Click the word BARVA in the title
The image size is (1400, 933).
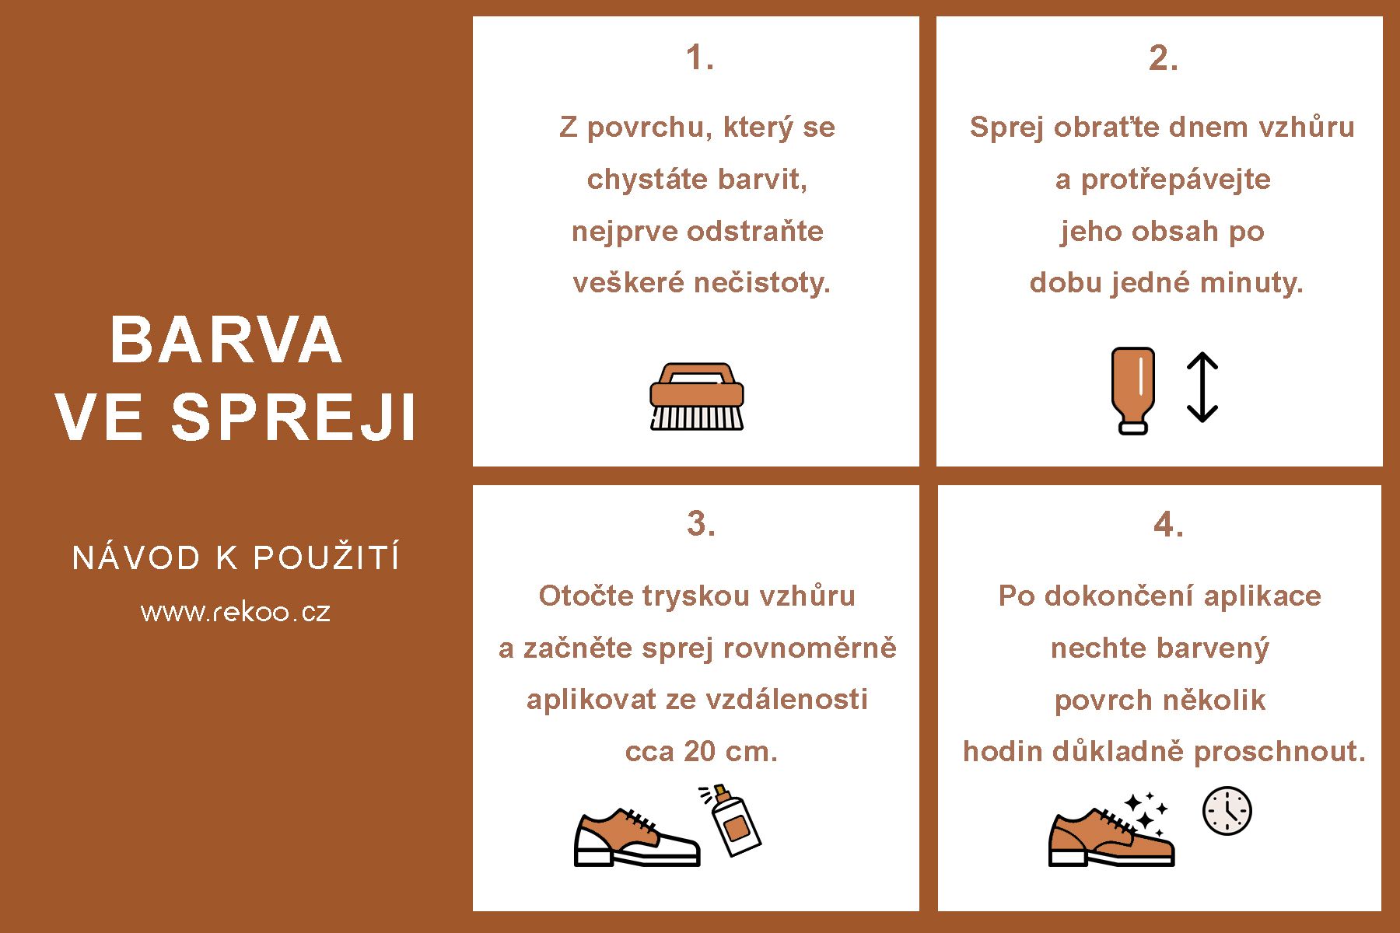coord(226,341)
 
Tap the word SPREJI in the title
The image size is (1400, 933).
coord(294,417)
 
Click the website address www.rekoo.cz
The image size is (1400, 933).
coord(236,612)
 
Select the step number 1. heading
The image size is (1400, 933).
coord(700,58)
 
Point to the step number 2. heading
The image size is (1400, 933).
coord(1164,58)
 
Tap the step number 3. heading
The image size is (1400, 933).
coord(701,523)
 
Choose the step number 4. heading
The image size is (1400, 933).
coord(1168,525)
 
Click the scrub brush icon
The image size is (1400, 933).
coord(697,396)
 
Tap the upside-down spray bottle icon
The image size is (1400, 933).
coord(1132,390)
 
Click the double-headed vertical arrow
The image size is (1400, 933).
coord(1202,387)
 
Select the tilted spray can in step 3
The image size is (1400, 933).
coord(731,819)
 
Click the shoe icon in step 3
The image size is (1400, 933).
coord(637,837)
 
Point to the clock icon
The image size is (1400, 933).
coord(1227,811)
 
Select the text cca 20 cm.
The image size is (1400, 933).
coord(702,752)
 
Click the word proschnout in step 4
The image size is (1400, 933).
coord(1279,752)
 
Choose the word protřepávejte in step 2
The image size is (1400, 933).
coord(1176,180)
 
